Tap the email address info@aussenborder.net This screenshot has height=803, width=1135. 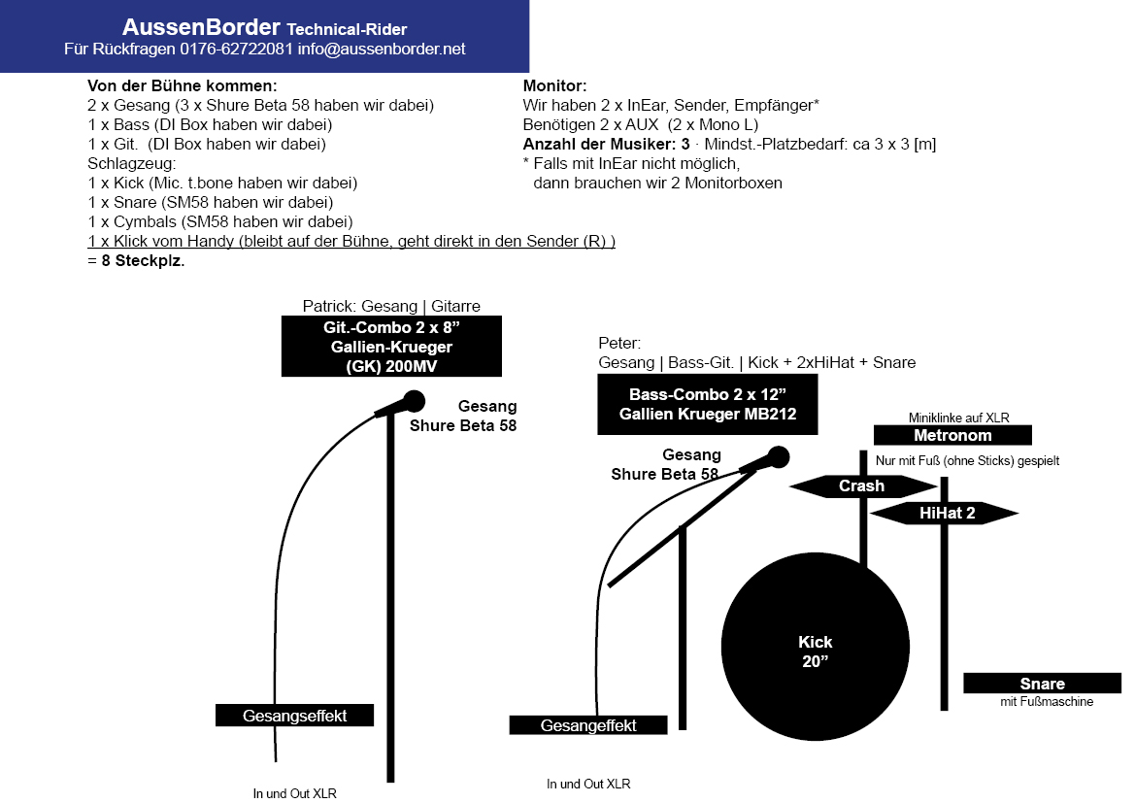tap(382, 49)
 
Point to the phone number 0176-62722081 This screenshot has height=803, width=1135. tap(237, 49)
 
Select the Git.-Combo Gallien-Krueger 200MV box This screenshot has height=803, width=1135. tap(391, 347)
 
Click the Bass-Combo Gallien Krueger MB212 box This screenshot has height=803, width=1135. tap(708, 406)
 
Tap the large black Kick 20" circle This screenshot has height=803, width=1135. tap(816, 652)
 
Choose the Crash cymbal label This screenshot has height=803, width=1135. tap(861, 485)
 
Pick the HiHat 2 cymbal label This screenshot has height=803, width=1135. tap(946, 513)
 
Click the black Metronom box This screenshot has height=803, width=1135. tap(952, 436)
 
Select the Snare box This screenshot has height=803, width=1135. tap(1042, 684)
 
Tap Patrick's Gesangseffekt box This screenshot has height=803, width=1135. tap(294, 716)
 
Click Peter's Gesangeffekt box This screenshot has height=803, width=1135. tap(588, 725)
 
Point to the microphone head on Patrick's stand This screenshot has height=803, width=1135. tap(415, 399)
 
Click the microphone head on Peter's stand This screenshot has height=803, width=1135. tap(778, 456)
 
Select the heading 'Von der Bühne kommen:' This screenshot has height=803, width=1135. tap(182, 85)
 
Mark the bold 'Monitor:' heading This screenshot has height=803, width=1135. tap(554, 85)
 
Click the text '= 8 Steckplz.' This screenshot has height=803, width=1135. tap(136, 260)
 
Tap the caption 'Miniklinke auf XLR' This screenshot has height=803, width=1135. tap(958, 418)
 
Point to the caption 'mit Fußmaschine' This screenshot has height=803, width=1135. tap(1047, 701)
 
